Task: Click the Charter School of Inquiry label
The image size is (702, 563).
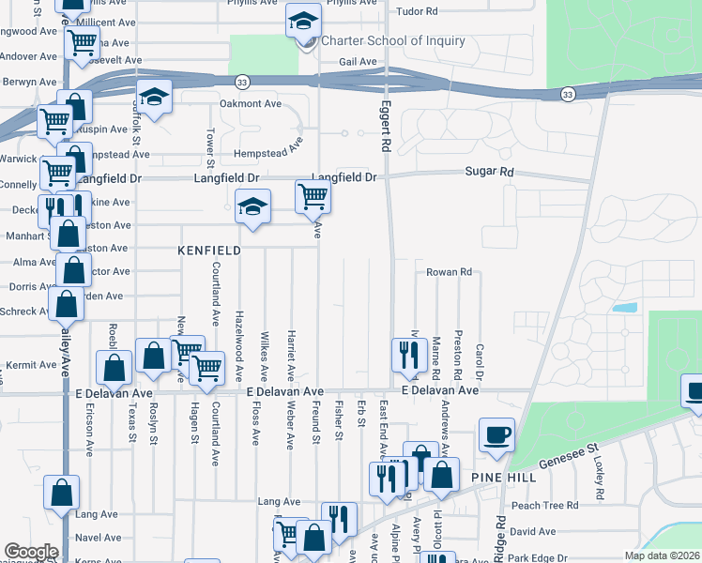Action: [x=393, y=40]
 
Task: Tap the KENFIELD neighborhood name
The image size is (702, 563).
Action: [x=209, y=251]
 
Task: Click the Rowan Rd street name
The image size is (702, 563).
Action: [x=449, y=272]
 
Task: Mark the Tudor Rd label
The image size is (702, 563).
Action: [x=418, y=11]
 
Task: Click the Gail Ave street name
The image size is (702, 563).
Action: [x=357, y=62]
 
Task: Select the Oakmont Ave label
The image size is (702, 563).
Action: [x=251, y=103]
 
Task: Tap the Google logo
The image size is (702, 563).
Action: [x=31, y=552]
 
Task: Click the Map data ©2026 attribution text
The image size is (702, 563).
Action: [x=663, y=555]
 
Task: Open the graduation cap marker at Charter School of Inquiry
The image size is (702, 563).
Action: [x=303, y=22]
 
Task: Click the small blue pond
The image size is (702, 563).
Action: [x=624, y=307]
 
